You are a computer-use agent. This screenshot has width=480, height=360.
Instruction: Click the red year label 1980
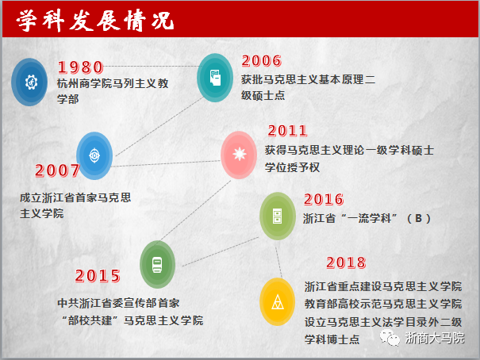[x=81, y=67]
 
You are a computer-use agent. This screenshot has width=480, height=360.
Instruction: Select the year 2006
[x=262, y=60]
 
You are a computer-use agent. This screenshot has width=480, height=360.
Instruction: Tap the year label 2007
[x=58, y=170]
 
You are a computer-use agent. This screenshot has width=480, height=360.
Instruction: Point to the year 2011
[x=287, y=131]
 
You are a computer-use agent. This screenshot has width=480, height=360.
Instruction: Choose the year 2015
[x=98, y=276]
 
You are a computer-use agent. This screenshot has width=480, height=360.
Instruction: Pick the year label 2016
[x=324, y=199]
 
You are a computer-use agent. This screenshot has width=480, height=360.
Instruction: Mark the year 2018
[x=346, y=262]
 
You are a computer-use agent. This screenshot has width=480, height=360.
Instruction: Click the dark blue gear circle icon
[x=29, y=82]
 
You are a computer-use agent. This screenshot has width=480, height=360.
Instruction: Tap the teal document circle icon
[x=215, y=78]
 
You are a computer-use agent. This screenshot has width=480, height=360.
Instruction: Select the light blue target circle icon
[x=94, y=155]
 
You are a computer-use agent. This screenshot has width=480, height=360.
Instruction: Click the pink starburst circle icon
[x=239, y=155]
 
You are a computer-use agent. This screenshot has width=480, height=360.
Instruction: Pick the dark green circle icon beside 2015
[x=157, y=264]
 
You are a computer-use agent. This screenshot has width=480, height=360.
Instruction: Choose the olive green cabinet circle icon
[x=278, y=216]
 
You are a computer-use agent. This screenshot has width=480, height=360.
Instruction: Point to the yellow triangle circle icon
[x=278, y=301]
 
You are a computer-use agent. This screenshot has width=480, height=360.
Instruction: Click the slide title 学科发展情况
[x=95, y=21]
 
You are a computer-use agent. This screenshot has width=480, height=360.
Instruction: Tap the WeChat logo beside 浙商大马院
[x=390, y=338]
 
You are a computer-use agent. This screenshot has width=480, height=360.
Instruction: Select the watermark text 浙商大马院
[x=435, y=338]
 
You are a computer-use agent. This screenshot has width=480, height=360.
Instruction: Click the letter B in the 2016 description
[x=418, y=218]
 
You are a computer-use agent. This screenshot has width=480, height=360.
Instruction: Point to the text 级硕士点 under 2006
[x=263, y=95]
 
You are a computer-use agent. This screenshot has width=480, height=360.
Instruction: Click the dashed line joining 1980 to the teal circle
[x=151, y=66]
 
